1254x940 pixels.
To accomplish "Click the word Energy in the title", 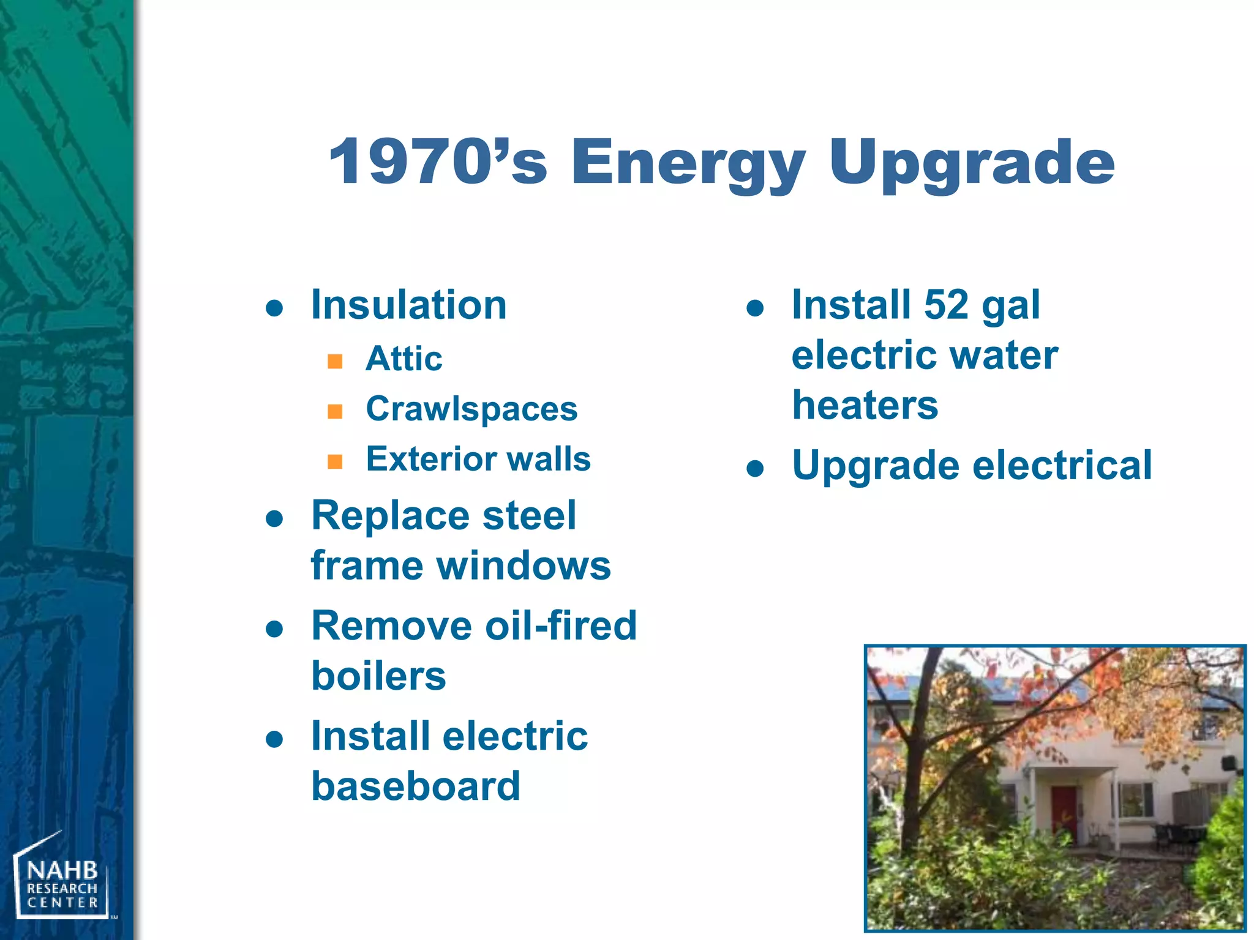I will (x=688, y=162).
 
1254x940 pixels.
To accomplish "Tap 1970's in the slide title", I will (x=437, y=162).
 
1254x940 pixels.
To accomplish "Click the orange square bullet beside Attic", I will (x=335, y=360).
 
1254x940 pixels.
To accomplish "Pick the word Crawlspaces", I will (x=471, y=409).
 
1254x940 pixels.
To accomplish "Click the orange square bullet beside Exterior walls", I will (x=335, y=461).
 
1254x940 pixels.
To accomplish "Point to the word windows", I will (x=524, y=565).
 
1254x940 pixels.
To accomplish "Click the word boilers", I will (x=378, y=676).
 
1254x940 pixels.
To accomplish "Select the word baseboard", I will (x=416, y=786).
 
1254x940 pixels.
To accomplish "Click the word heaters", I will (x=865, y=405).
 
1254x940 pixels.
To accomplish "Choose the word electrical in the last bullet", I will (x=1062, y=465).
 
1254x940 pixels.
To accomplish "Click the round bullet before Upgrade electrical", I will (x=756, y=469).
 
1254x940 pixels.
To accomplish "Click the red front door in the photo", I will (x=1064, y=811).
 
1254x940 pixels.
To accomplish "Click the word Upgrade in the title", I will (x=972, y=162).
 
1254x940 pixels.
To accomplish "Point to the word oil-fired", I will (x=561, y=626).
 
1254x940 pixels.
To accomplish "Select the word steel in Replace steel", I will (x=529, y=515).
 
